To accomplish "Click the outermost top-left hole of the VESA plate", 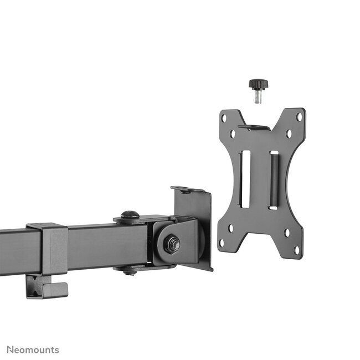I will coord(224,118).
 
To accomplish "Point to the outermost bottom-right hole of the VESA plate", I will coord(296,250).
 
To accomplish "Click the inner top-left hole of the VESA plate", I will coord(233,133).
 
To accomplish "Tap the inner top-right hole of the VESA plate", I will coord(289,133).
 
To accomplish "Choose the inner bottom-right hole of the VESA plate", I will coord(287,233).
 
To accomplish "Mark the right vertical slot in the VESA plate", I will coord(273,179).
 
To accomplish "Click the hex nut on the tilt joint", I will coord(172,243).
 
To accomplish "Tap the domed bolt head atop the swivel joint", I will coord(130,215).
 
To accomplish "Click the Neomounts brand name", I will coord(33,349).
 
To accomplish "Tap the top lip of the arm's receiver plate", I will coord(188,189).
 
